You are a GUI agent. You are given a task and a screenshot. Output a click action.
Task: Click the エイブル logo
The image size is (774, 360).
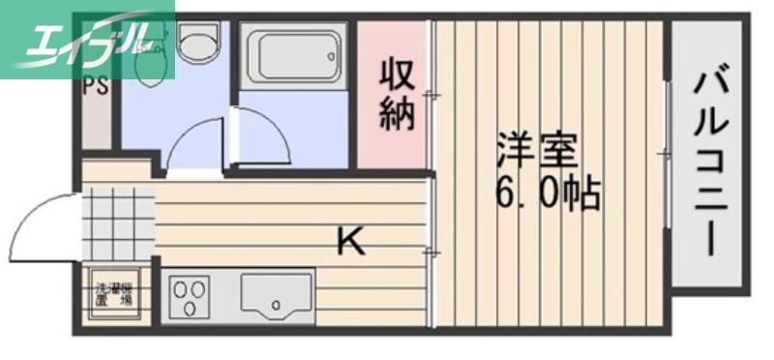[x=87, y=39]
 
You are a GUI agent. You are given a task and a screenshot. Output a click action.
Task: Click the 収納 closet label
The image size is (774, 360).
[x=397, y=94]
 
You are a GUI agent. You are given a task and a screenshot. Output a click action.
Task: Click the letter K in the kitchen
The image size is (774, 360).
[x=351, y=241]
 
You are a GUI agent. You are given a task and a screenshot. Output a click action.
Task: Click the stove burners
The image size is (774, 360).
[x=192, y=294]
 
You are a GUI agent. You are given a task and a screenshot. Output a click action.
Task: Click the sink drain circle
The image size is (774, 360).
[x=278, y=305]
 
